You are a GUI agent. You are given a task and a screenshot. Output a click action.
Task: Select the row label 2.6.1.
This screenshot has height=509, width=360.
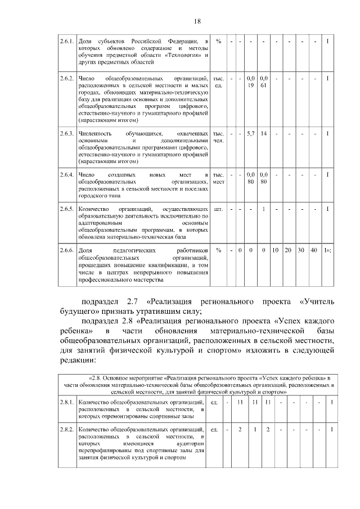(67, 42)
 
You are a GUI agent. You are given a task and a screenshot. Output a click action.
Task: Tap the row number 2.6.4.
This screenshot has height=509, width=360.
(67, 175)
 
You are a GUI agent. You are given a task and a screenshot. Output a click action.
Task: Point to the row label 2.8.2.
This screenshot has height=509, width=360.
(67, 429)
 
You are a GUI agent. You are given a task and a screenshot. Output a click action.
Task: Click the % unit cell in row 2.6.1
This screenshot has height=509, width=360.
(218, 42)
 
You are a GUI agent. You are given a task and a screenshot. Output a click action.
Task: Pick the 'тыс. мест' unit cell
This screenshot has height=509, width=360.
(219, 178)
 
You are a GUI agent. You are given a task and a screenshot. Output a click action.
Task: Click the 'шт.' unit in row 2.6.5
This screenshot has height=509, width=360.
(219, 209)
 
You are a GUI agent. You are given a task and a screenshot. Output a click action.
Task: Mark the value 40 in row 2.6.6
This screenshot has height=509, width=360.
(314, 250)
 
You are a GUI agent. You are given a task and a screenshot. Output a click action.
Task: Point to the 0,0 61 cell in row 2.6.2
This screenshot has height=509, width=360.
(263, 81)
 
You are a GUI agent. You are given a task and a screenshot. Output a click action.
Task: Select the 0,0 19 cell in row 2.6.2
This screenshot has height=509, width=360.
(251, 81)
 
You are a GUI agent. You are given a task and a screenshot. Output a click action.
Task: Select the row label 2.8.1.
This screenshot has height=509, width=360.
(67, 402)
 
